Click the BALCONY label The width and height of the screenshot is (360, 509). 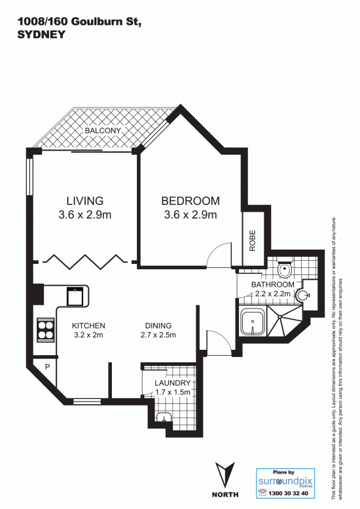coord(103,131)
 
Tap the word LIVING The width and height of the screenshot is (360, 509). coord(85,201)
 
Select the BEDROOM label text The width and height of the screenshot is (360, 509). coord(190,201)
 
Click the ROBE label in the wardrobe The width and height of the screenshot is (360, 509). coord(252,240)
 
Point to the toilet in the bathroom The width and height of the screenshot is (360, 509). coord(285,269)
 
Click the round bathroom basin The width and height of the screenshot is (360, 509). coord(302,295)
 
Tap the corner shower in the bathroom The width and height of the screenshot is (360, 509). coord(284,321)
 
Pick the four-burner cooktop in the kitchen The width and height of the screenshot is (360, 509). coord(46,330)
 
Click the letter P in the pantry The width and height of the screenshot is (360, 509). coord(47,367)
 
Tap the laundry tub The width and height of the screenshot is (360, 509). coord(164,417)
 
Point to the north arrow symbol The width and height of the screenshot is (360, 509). coord(225,474)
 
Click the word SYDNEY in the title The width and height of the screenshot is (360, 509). coord(41,35)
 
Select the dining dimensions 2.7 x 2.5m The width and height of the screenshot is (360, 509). coord(158,335)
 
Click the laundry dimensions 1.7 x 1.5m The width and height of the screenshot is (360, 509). coord(173,392)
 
